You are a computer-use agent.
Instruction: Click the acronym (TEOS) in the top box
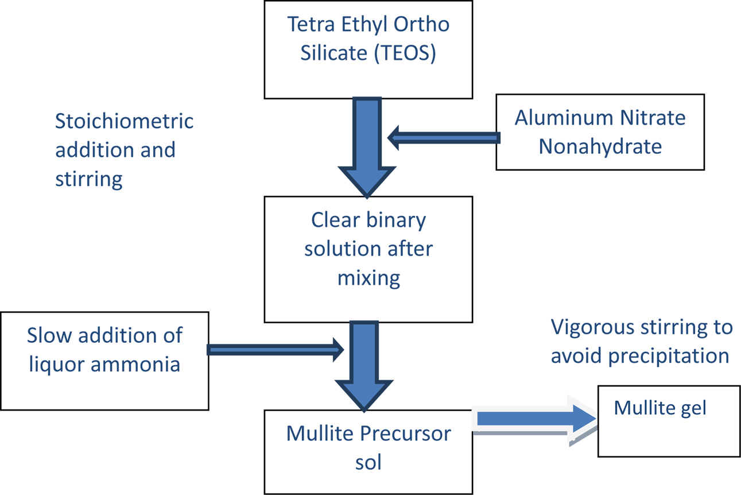pos(405,53)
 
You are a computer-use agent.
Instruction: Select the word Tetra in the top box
pos(311,24)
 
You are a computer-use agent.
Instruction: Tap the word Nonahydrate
pos(600,146)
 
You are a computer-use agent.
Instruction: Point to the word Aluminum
pos(564,118)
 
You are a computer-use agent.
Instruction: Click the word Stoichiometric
pos(124,121)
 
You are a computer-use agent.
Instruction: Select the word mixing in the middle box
pos(368,279)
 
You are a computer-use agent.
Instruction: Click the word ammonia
pos(135,364)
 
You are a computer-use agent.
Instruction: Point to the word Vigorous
pos(593,327)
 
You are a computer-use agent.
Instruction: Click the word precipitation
pos(669,357)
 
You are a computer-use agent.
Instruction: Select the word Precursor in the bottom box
pos(405,434)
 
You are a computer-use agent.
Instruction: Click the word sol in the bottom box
pos(368,462)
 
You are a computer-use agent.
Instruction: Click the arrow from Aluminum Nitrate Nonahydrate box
pos(444,138)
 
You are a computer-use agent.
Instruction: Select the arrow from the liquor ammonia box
pos(276,350)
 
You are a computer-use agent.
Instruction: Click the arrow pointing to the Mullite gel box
pos(534,420)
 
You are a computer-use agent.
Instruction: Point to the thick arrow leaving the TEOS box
pos(367,147)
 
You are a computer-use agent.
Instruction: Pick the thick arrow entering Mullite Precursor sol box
pos(364,366)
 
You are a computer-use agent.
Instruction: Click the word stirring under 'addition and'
pos(88,180)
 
